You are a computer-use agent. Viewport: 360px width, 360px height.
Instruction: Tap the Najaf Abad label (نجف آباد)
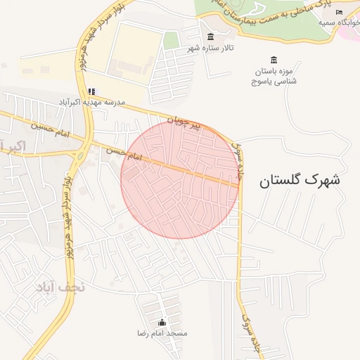59,287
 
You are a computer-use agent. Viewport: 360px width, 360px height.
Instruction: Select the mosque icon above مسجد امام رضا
162,322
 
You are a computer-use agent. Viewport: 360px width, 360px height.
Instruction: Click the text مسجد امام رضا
162,333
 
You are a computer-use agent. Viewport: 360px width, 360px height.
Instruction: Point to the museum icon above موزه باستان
274,60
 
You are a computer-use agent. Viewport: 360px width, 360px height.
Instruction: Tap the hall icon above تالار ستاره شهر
210,37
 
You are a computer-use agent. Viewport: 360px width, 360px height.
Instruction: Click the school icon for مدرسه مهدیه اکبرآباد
91,91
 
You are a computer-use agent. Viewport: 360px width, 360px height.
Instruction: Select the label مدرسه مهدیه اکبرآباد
91,103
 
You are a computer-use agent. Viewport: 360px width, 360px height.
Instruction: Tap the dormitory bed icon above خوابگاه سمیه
339,12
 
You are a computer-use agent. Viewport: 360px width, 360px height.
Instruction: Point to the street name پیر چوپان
188,124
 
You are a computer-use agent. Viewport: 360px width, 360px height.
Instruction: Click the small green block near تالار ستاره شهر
171,40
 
